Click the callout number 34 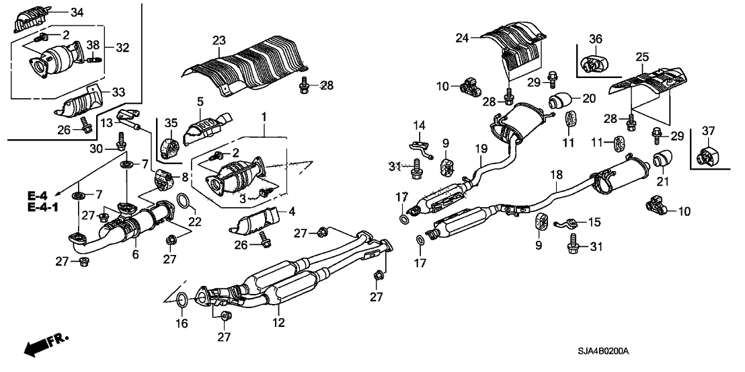77,12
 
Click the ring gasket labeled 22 182,200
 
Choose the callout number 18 556,175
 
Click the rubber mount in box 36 592,64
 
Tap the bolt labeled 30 121,143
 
